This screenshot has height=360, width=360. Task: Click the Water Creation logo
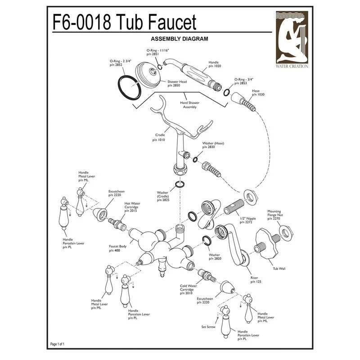pyautogui.click(x=292, y=40)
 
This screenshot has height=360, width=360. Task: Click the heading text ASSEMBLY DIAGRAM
pyautogui.click(x=179, y=39)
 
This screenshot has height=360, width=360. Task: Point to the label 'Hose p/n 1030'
pyautogui.click(x=258, y=93)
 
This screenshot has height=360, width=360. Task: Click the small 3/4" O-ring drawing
pyautogui.click(x=226, y=92)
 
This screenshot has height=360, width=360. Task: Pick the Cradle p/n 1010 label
pyautogui.click(x=159, y=137)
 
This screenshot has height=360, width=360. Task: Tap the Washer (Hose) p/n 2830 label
pyautogui.click(x=213, y=145)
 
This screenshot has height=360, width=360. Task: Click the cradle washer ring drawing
pyautogui.click(x=180, y=184)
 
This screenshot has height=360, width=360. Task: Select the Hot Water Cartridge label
pyautogui.click(x=132, y=207)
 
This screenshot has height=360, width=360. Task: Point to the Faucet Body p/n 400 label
pyautogui.click(x=117, y=248)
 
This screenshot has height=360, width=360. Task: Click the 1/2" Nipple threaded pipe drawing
pyautogui.click(x=234, y=207)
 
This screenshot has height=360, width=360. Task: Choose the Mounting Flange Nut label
pyautogui.click(x=275, y=215)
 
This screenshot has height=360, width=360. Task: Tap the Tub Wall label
pyautogui.click(x=279, y=268)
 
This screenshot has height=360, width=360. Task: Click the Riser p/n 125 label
pyautogui.click(x=256, y=279)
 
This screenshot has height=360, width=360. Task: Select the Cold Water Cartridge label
pyautogui.click(x=188, y=289)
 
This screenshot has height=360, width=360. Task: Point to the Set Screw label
pyautogui.click(x=208, y=327)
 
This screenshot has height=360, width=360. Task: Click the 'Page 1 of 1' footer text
pyautogui.click(x=57, y=344)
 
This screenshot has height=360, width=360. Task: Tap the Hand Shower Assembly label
pyautogui.click(x=189, y=105)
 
